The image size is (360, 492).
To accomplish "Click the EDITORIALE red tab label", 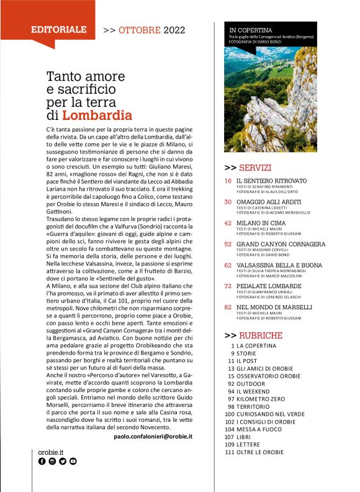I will (59, 29).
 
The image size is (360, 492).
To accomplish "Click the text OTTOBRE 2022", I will (150, 29).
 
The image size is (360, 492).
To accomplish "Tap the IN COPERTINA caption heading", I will (251, 29).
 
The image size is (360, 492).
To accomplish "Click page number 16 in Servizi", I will (228, 180).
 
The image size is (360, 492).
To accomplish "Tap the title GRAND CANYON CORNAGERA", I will (281, 244).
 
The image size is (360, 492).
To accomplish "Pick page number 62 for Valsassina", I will (228, 265).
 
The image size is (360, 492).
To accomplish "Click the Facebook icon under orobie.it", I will (42, 462).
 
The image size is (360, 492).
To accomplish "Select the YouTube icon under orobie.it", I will (73, 462).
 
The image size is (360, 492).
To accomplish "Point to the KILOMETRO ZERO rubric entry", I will (260, 398).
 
